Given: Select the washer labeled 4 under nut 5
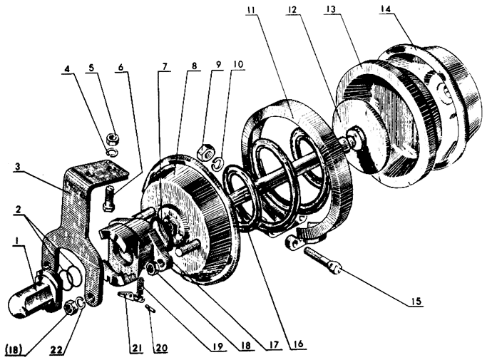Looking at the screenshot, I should [x=112, y=151].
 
